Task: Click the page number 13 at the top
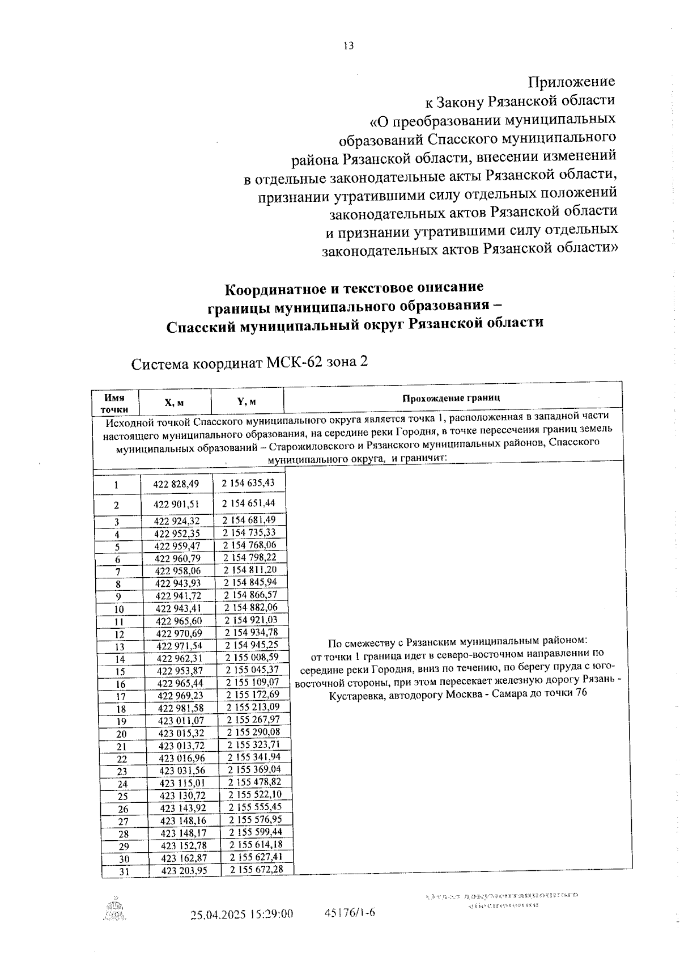(x=348, y=46)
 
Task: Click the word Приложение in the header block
(x=571, y=82)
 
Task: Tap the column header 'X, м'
(x=174, y=403)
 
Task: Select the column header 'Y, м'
(x=246, y=401)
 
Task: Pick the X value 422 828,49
(x=176, y=484)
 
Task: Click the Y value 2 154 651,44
(x=248, y=503)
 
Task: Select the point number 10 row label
(x=119, y=610)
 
